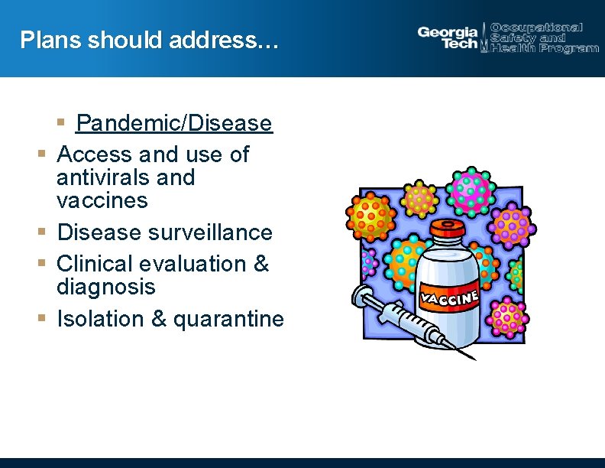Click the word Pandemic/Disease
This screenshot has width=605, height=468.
pos(173,123)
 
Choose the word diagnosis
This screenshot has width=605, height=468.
pos(105,288)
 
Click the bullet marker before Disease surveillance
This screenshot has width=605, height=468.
pos(43,232)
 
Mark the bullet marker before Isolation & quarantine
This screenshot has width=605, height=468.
pos(43,318)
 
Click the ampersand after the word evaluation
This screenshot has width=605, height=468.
pos(260,264)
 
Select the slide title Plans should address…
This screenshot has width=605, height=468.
pos(150,40)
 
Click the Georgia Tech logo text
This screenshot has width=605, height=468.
pos(448,37)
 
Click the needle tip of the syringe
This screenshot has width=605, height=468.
pos(474,357)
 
